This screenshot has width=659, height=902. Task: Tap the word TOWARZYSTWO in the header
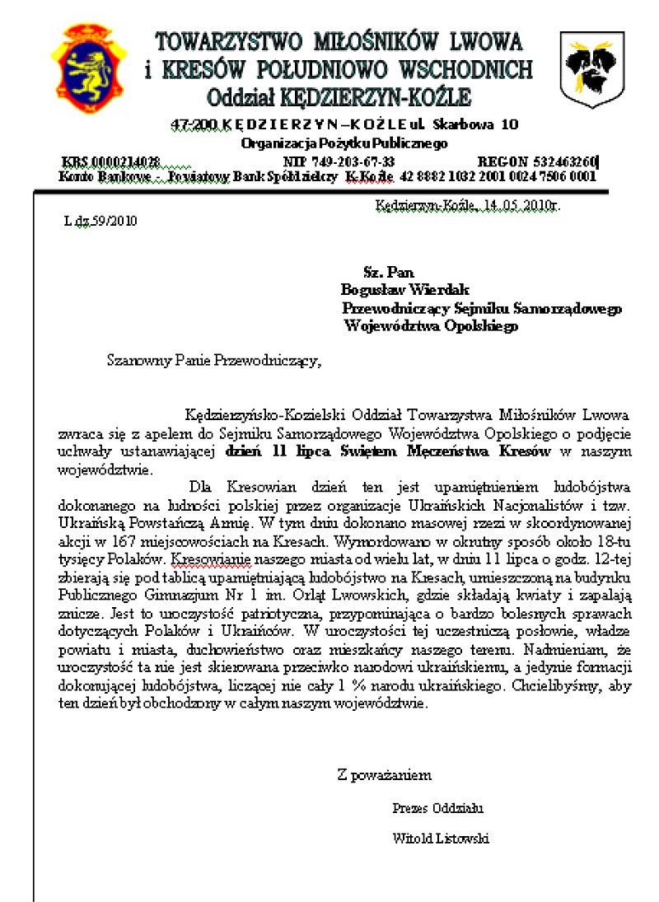tap(227, 40)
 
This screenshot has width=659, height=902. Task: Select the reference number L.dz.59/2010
tap(100, 221)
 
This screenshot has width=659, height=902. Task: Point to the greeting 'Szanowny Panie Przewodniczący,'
tap(209, 359)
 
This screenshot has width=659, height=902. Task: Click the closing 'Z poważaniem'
tap(384, 774)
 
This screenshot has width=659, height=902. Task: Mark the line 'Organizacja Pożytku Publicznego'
tap(344, 143)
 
